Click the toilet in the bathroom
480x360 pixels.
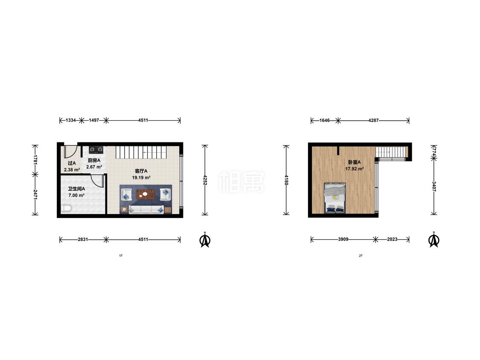[66, 209]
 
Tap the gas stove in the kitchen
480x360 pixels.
[96, 150]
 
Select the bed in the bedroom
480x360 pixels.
[335, 198]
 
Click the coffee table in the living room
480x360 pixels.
[146, 195]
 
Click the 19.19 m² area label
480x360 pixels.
[141, 177]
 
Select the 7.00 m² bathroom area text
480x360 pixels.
[76, 195]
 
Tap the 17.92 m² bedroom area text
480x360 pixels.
[355, 168]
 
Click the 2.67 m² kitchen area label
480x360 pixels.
[94, 167]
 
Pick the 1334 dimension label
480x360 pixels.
[71, 120]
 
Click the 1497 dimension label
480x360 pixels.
[94, 120]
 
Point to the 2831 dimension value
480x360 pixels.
[83, 239]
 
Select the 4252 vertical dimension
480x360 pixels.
[205, 180]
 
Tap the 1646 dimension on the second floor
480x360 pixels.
[325, 120]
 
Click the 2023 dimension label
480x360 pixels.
[392, 239]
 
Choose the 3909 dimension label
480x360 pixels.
[343, 239]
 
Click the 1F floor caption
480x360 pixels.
[121, 255]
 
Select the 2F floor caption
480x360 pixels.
[361, 255]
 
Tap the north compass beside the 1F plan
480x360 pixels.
[205, 240]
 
